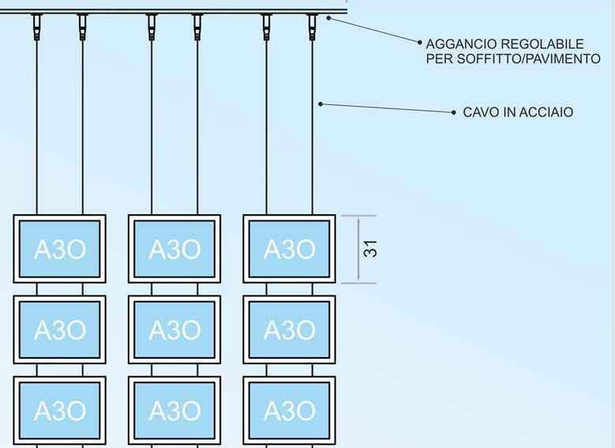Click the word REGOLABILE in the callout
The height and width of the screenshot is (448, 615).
542,44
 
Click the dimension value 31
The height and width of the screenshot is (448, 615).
370,249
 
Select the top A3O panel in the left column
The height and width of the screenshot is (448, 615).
60,249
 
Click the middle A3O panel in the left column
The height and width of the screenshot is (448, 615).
60,329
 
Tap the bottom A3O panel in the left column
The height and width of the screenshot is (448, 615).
60,410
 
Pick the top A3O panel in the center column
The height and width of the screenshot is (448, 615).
174,249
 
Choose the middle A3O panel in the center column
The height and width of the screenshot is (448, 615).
174,329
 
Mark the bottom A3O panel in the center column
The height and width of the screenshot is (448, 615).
174,410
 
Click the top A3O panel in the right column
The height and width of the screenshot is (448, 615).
289,249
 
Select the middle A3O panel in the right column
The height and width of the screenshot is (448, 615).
289,329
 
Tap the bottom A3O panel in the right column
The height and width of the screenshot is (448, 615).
289,410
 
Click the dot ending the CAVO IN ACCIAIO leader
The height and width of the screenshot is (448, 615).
454,113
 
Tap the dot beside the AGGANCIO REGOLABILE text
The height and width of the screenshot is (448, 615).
419,43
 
